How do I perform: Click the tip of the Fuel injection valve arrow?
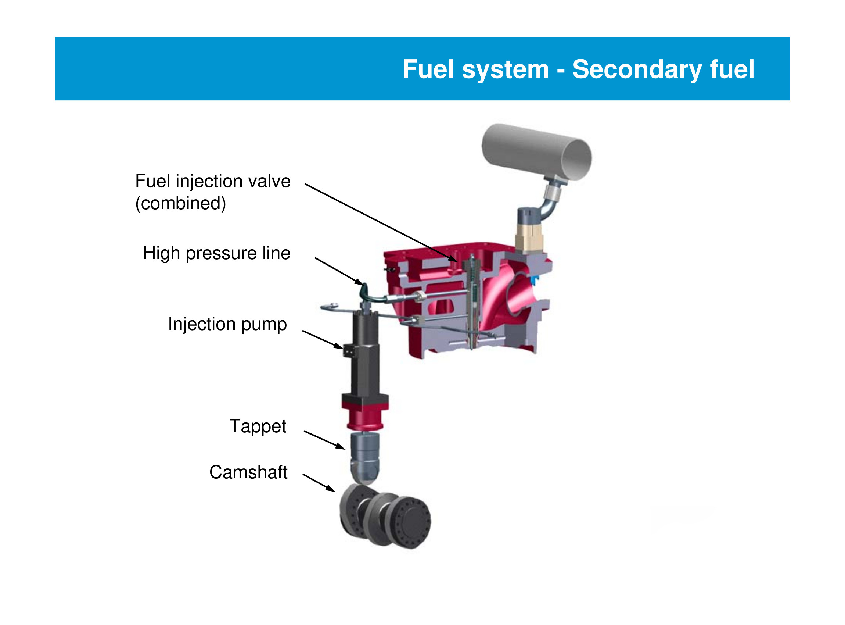point(458,262)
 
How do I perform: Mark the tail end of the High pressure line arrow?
point(315,258)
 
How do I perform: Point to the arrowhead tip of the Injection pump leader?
point(343,349)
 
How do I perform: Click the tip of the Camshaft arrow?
point(335,492)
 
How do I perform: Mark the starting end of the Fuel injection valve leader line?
point(305,184)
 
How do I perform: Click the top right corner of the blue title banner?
point(790,37)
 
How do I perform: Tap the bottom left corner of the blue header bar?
point(55,100)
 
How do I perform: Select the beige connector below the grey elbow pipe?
point(529,238)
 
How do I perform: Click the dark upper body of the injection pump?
point(365,352)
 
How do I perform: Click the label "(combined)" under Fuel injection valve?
point(181,204)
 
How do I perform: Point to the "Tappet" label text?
point(258,427)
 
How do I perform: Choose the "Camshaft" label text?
point(248,472)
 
